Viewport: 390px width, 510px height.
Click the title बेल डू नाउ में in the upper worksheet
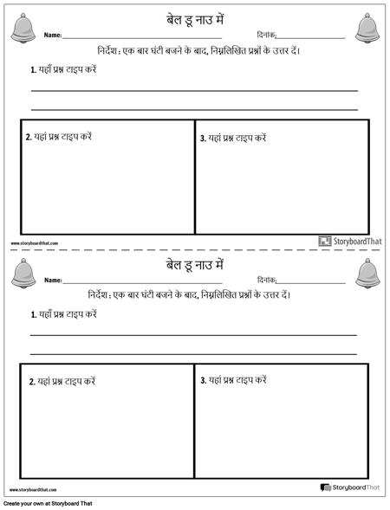[195, 19]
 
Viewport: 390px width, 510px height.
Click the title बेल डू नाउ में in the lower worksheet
[195, 263]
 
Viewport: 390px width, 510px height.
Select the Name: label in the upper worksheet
[53, 36]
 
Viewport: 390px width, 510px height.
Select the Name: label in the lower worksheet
[53, 281]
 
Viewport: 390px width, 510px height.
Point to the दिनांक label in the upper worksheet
[266, 35]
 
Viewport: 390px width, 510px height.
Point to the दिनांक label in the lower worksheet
[266, 280]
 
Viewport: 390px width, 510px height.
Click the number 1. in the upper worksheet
[33, 69]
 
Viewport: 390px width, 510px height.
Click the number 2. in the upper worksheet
[29, 137]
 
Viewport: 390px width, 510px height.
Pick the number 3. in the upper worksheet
[203, 138]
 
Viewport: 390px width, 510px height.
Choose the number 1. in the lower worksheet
[33, 314]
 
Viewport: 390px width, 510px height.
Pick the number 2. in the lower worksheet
[32, 382]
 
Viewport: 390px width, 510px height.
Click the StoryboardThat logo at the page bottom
[349, 488]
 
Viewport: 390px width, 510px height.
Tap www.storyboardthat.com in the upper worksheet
[34, 243]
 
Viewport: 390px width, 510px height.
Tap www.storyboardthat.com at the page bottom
[34, 490]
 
